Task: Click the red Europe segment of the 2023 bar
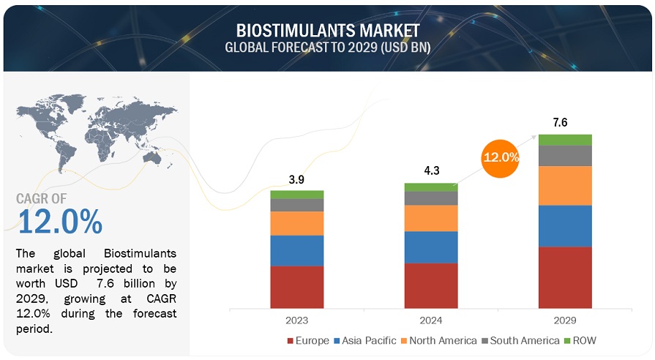pyautogui.click(x=296, y=286)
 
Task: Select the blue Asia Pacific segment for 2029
pyautogui.click(x=564, y=225)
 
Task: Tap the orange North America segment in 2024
pyautogui.click(x=431, y=218)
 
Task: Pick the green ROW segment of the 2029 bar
pyautogui.click(x=564, y=140)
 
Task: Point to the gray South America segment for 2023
pyautogui.click(x=296, y=205)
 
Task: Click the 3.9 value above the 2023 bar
pyautogui.click(x=296, y=180)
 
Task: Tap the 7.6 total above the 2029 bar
pyautogui.click(x=564, y=123)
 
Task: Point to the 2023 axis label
pyautogui.click(x=296, y=320)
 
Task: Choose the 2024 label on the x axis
pyautogui.click(x=431, y=320)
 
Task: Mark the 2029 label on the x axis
pyautogui.click(x=564, y=320)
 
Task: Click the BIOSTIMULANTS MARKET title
pyautogui.click(x=328, y=31)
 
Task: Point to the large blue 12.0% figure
pyautogui.click(x=60, y=222)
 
